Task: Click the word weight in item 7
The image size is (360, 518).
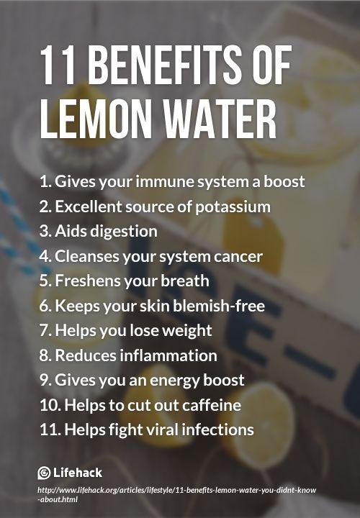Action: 186,331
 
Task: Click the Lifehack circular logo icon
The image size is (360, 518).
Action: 45,473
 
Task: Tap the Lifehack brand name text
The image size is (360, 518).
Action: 78,473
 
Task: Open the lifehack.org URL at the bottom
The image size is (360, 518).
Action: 176,494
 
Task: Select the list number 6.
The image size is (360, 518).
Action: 45,306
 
